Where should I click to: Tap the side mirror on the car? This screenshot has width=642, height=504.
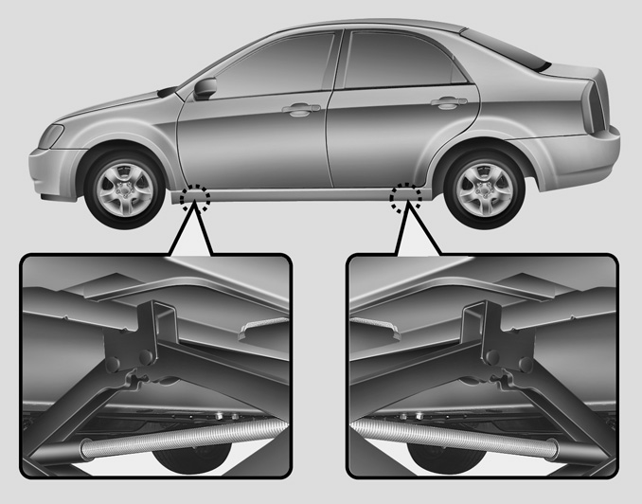(x=205, y=88)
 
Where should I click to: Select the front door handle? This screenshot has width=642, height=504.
(x=301, y=110)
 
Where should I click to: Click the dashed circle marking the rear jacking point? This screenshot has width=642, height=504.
(x=405, y=194)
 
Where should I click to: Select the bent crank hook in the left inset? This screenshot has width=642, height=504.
(x=254, y=327)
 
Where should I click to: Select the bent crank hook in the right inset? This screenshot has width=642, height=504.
(x=380, y=327)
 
